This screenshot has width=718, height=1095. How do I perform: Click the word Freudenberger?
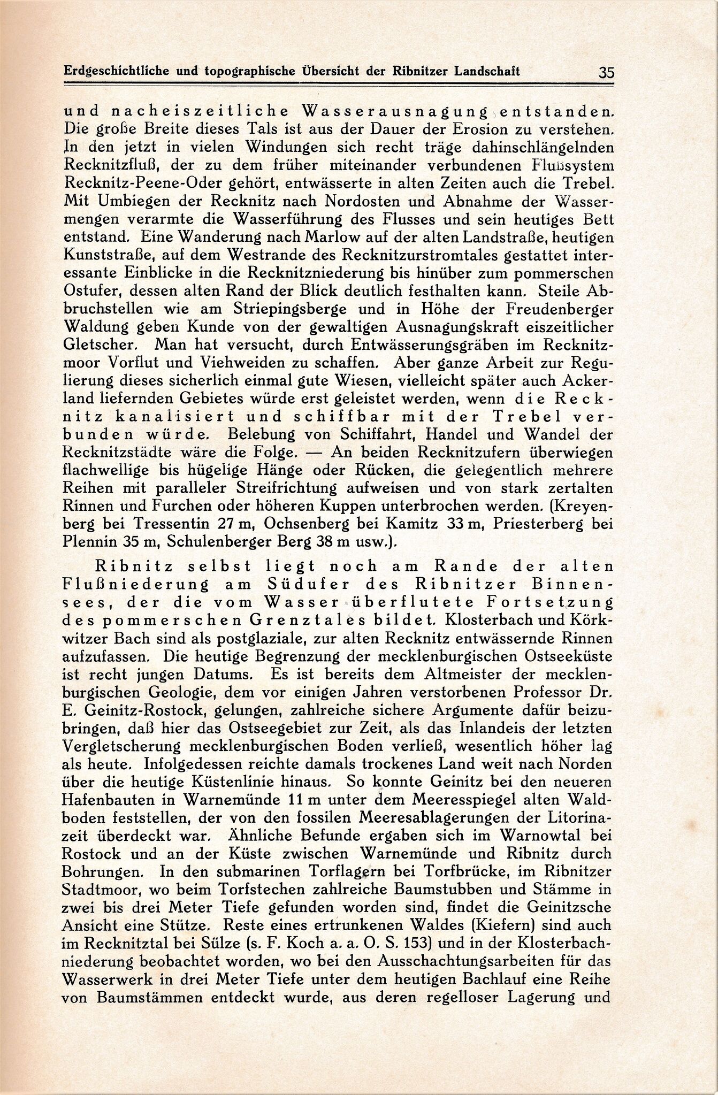(x=553, y=309)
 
